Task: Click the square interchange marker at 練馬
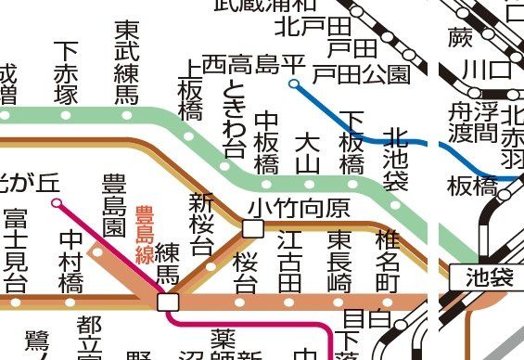click(168, 302)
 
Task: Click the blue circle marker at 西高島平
click(294, 84)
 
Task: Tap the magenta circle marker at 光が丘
click(57, 201)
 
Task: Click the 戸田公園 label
click(361, 72)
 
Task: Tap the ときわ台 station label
click(233, 117)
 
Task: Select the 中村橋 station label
click(70, 260)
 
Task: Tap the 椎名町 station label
click(387, 260)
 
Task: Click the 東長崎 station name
click(339, 260)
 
